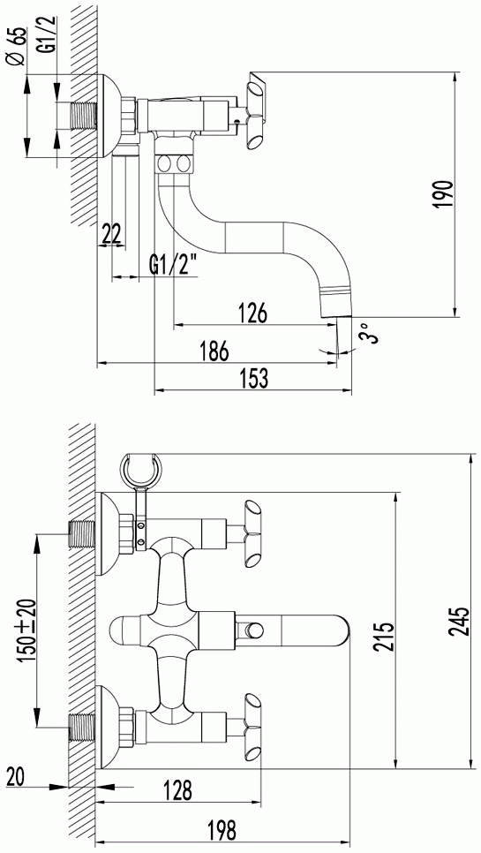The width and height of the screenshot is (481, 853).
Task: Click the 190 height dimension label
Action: click(444, 193)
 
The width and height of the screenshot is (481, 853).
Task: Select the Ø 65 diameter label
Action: click(18, 47)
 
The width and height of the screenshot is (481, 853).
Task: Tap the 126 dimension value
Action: click(252, 313)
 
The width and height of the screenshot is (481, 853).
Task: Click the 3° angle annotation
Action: click(369, 332)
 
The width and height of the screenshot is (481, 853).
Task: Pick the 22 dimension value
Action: click(111, 235)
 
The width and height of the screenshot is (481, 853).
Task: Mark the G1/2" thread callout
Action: click(172, 267)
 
